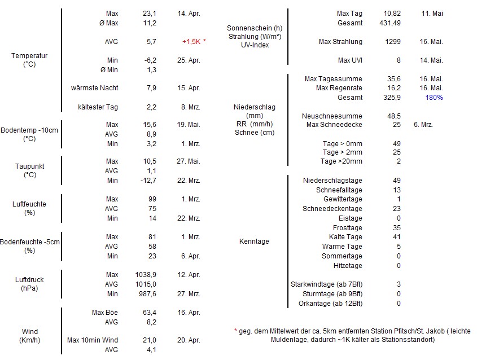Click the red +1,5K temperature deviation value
[191, 42]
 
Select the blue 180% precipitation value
[435, 98]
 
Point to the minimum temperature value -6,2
[150, 60]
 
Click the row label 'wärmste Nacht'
[95, 88]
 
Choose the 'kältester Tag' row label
[98, 107]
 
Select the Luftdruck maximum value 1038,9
[147, 275]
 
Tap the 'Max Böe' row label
[105, 313]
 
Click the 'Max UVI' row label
[350, 60]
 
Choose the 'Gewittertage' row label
[343, 200]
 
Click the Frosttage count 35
[396, 228]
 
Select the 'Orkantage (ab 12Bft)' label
[330, 304]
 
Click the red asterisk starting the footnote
[235, 331]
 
